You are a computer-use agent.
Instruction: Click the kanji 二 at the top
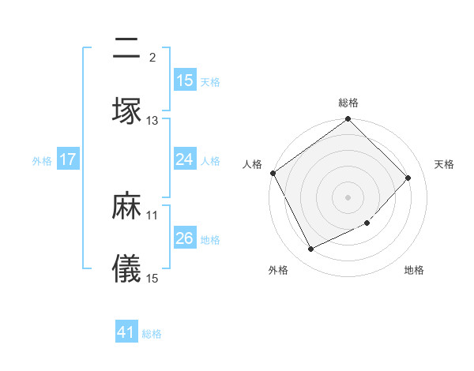[x=126, y=50]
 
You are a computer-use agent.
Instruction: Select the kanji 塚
[x=126, y=111]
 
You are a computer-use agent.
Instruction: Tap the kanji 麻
[x=126, y=207]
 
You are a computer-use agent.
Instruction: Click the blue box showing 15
[x=185, y=81]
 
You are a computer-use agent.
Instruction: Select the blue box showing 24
[x=185, y=159]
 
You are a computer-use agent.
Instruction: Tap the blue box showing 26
[x=185, y=238]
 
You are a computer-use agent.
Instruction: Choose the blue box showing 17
[x=68, y=159]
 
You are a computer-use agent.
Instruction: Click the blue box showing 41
[x=126, y=332]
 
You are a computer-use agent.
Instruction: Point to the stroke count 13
[x=152, y=121]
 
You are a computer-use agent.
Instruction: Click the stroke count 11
[x=152, y=215]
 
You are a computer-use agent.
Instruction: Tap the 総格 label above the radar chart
[x=348, y=103]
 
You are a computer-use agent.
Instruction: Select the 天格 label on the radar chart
[x=445, y=164]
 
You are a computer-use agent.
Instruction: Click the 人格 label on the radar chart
[x=253, y=164]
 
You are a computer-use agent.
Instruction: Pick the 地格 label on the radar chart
[x=414, y=270]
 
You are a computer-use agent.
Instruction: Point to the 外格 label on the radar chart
[x=278, y=270]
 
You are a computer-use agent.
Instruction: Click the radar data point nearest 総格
[x=348, y=120]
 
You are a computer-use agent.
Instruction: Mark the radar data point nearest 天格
[x=408, y=178]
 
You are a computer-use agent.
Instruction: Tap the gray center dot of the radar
[x=348, y=197]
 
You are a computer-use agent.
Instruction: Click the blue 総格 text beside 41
[x=152, y=334]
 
